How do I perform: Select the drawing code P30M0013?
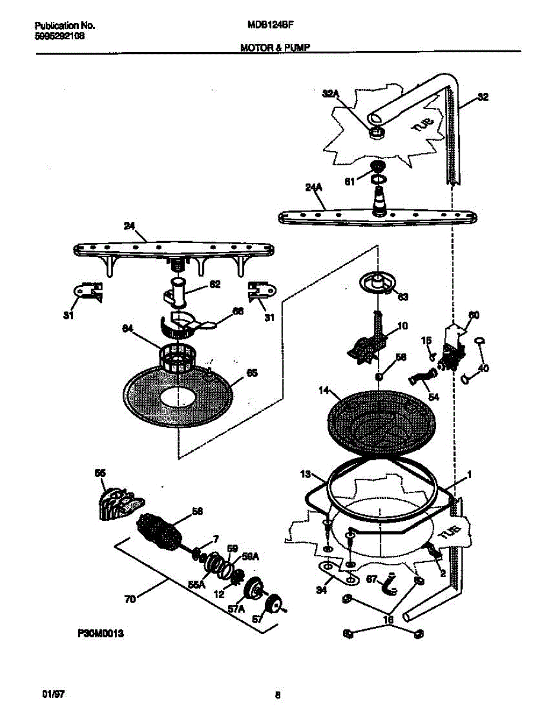(x=100, y=633)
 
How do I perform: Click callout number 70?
(x=130, y=600)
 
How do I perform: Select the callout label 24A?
(x=313, y=187)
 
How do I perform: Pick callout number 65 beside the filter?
(x=251, y=373)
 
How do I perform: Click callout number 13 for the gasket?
(x=305, y=475)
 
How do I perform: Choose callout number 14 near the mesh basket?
(x=323, y=390)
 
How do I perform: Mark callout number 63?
(x=402, y=296)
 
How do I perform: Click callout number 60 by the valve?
(x=473, y=315)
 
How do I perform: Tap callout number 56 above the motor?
(x=197, y=511)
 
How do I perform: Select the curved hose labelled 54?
(x=422, y=376)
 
